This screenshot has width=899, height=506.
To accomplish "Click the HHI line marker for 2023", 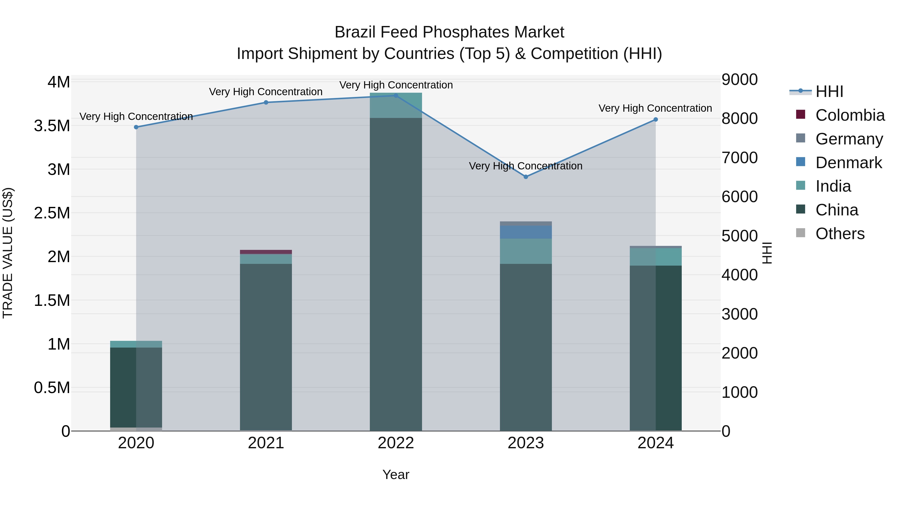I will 526,177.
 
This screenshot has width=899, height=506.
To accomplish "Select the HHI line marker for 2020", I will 136,127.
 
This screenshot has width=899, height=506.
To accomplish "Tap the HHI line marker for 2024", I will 656,119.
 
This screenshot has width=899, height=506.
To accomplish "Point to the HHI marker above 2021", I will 266,102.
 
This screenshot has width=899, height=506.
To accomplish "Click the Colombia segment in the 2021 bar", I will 266,252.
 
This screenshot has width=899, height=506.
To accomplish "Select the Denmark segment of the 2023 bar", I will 526,232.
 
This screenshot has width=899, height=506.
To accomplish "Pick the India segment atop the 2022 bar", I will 396,105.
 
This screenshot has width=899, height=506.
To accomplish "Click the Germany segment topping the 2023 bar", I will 526,223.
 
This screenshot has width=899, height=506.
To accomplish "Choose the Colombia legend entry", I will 850,115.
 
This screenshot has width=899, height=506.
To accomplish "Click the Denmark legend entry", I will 848,163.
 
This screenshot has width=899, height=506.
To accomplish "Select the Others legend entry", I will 839,234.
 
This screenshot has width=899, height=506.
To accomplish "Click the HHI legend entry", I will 829,91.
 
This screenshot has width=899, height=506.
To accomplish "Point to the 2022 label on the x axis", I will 396,443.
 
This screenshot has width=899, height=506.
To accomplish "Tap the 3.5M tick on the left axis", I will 52,126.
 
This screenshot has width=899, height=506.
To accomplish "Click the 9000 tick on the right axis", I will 739,80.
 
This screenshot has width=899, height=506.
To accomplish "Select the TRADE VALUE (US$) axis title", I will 8,253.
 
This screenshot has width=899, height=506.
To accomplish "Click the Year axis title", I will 396,475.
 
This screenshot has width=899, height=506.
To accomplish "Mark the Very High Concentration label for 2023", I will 526,166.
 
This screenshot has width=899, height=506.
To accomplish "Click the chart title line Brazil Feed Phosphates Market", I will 449,32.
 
